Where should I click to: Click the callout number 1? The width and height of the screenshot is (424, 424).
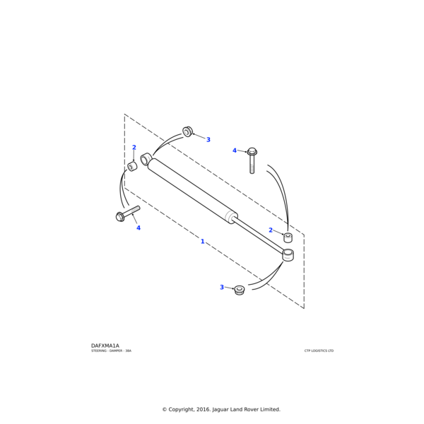pyautogui.click(x=202, y=242)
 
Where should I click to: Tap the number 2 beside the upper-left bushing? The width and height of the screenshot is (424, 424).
pyautogui.click(x=134, y=148)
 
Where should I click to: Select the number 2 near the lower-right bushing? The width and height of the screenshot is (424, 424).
pyautogui.click(x=271, y=230)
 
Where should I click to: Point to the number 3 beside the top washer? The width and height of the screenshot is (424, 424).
pyautogui.click(x=208, y=140)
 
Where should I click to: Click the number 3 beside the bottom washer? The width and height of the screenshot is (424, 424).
pyautogui.click(x=222, y=287)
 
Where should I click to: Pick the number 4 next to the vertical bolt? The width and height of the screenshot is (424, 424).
pyautogui.click(x=235, y=151)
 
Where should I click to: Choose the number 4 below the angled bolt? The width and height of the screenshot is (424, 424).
pyautogui.click(x=139, y=228)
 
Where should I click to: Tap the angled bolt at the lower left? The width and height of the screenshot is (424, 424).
pyautogui.click(x=127, y=213)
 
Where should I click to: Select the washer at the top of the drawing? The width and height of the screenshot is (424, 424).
pyautogui.click(x=188, y=131)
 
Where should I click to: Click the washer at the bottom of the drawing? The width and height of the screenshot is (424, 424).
pyautogui.click(x=240, y=290)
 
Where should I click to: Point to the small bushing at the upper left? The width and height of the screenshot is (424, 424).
pyautogui.click(x=132, y=167)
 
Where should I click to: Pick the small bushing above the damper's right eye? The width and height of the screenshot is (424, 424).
pyautogui.click(x=288, y=237)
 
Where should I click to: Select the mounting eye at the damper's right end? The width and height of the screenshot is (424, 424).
pyautogui.click(x=288, y=254)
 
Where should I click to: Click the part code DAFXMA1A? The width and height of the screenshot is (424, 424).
pyautogui.click(x=105, y=346)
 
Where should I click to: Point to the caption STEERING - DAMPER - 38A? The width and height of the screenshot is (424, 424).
pyautogui.click(x=111, y=351)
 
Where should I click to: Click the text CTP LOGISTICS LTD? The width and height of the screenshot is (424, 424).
pyautogui.click(x=319, y=351)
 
